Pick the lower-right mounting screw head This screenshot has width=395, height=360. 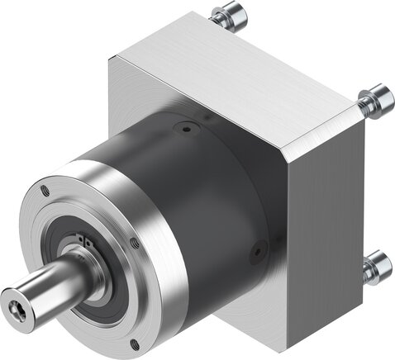(x=378, y=265)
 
